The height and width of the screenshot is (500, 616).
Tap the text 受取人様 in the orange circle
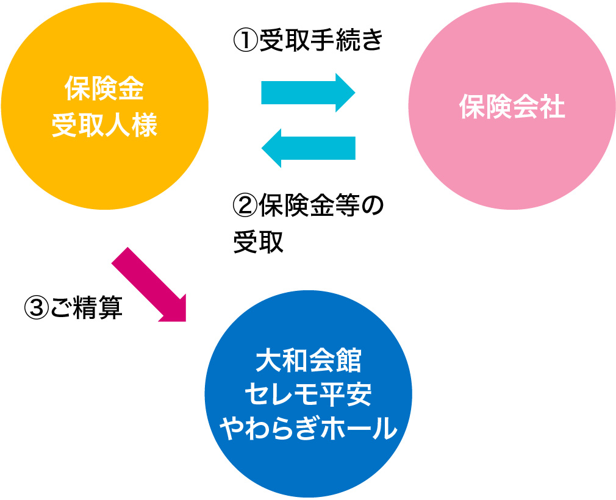click(x=104, y=126)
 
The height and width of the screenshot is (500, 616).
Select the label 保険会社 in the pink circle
click(x=512, y=108)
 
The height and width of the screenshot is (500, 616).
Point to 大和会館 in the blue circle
click(x=309, y=361)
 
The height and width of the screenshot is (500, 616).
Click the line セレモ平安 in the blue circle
click(x=309, y=395)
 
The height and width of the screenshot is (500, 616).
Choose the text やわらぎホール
click(x=309, y=429)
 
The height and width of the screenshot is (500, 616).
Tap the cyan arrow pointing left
click(x=308, y=148)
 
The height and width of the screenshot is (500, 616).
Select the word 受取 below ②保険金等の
click(x=259, y=241)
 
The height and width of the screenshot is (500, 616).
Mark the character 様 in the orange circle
click(x=145, y=126)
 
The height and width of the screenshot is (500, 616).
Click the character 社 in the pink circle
click(x=553, y=108)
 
